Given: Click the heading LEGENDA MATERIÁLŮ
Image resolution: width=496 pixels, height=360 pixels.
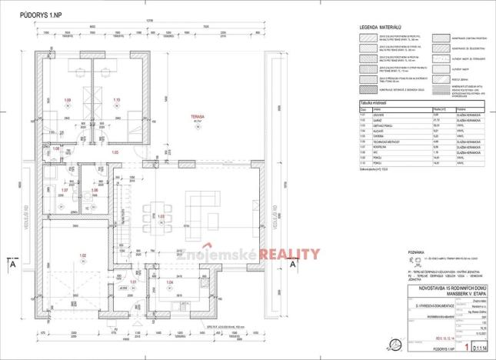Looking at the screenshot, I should point(382,28).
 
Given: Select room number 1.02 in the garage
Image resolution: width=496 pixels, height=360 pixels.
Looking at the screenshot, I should point(83,255).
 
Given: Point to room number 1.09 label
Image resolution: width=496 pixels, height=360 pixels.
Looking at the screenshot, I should point(67,100).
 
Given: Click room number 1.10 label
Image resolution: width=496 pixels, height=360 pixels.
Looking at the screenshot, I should point(117,100).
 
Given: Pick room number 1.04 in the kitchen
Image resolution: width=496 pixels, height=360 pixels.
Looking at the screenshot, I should point(170,283).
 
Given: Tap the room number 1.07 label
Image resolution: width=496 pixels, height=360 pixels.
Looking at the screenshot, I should point(65,190).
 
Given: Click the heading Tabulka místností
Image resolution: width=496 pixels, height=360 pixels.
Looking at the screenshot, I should point(378,102).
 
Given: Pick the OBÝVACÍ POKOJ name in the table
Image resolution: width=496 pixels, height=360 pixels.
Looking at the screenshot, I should point(388,125).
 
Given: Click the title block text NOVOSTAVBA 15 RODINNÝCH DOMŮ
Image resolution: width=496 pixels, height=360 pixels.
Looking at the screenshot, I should point(414,287).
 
